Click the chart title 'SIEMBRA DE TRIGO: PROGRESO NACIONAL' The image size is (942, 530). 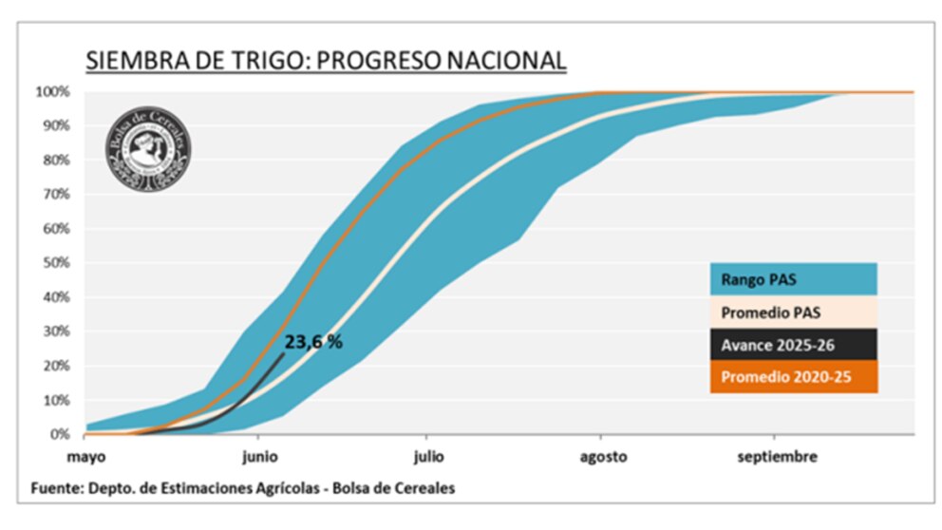[326, 61]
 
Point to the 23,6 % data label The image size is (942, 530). [313, 342]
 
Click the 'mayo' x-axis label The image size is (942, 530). [85, 457]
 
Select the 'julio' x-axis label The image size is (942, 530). [428, 457]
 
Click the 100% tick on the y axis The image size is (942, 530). [53, 92]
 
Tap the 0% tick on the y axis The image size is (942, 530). [60, 434]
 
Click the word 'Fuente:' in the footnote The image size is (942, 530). [54, 488]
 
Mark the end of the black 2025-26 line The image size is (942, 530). [283, 353]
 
